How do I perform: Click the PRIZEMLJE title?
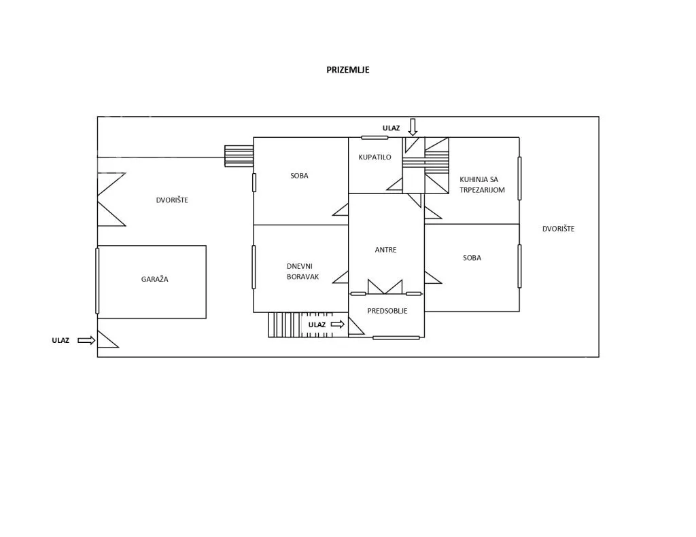pos(347,70)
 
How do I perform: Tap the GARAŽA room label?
pos(154,279)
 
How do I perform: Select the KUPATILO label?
pos(375,157)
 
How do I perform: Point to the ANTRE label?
pos(385,250)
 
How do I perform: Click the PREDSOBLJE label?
pos(387,311)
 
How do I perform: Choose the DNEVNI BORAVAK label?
pos(302,272)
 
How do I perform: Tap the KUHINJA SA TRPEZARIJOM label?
pos(482,185)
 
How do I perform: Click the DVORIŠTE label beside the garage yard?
pos(172,200)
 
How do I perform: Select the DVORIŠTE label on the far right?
pos(558,229)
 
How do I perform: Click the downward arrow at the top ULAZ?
pos(413,127)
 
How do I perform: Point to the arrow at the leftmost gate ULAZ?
pos(86,340)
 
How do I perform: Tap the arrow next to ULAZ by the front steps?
pos(338,324)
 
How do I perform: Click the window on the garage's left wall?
pos(97,280)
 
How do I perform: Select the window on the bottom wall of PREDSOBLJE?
pos(396,338)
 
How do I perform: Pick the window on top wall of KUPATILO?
pos(375,137)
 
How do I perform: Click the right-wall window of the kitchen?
pos(519,179)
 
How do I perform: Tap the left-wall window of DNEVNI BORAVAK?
pos(254,267)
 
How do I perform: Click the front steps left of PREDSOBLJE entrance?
pos(285,325)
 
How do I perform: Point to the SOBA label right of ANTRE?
pos(472,257)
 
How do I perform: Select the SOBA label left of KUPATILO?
pos(299,176)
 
